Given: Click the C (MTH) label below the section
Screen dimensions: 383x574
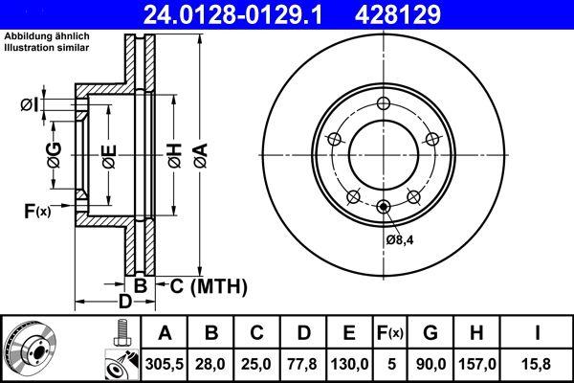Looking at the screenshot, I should pos(209,285).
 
